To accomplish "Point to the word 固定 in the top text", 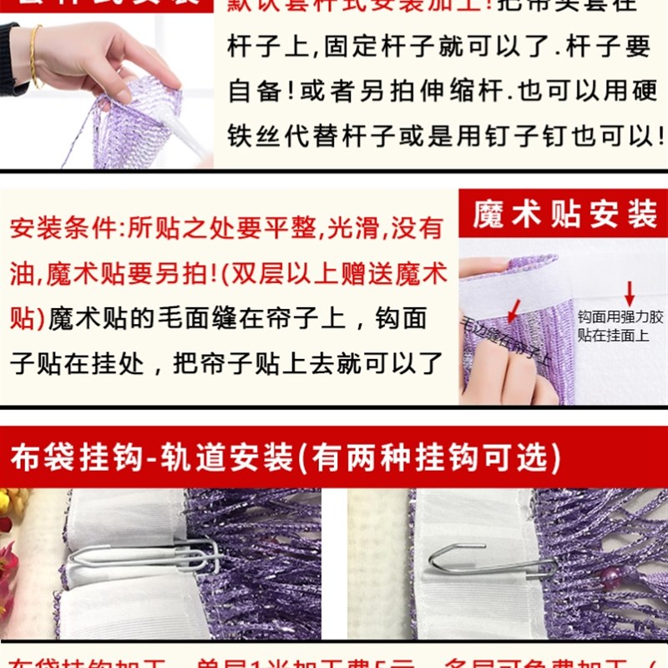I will pyautogui.click(x=371, y=47).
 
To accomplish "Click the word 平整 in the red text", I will pyautogui.click(x=288, y=228).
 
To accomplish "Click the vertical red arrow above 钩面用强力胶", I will pyautogui.click(x=629, y=293).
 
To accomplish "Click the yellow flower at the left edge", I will pyautogui.click(x=7, y=504).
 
